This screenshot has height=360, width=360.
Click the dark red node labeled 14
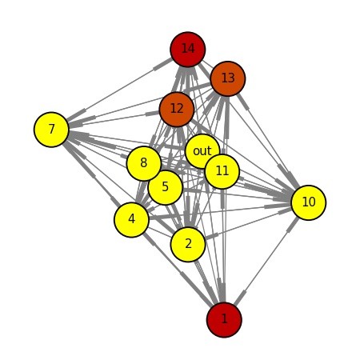click(188, 50)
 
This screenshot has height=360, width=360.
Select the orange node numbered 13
click(228, 78)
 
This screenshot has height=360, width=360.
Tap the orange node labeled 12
click(177, 109)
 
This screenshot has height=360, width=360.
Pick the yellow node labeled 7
click(51, 130)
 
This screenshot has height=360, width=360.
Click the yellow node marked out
click(202, 151)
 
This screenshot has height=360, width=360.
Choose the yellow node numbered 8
click(144, 163)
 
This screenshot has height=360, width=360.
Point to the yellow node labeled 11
click(222, 171)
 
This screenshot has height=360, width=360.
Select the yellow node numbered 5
click(166, 187)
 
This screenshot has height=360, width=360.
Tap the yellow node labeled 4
click(131, 220)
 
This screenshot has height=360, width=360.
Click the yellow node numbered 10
click(309, 202)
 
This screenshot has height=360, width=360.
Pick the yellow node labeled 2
click(188, 244)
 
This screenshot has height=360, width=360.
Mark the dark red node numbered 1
click(224, 319)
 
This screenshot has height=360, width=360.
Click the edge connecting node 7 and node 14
click(119, 90)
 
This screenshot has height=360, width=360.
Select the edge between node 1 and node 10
click(266, 261)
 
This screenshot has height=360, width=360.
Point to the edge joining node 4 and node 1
click(178, 270)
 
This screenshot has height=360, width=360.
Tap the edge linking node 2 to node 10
click(248, 223)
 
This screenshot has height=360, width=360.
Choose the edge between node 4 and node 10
click(220, 211)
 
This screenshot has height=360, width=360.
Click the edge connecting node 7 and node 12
click(114, 119)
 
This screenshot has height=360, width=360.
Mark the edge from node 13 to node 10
click(268, 141)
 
